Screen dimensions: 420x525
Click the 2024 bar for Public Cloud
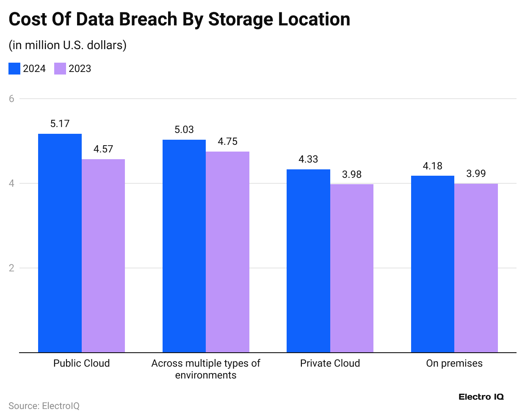click(60, 243)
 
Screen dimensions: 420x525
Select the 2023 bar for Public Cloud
click(103, 256)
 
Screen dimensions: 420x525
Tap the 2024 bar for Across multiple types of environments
click(184, 246)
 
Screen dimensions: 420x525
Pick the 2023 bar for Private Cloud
click(352, 268)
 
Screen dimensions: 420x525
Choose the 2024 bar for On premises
click(433, 264)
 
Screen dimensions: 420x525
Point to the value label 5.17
click(60, 124)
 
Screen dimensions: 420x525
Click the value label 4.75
click(228, 141)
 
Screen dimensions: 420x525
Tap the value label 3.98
click(352, 174)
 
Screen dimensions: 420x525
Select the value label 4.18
click(433, 166)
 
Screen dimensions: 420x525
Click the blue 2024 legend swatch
click(14, 69)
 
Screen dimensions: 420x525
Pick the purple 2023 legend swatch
click(60, 69)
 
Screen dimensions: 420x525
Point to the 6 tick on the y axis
click(11, 99)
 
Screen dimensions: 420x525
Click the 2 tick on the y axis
click(11, 268)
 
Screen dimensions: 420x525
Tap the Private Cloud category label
click(330, 363)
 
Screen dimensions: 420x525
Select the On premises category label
click(454, 363)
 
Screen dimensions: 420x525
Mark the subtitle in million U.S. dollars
click(68, 45)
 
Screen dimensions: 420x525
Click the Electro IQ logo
click(481, 397)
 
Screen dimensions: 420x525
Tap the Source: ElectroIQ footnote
click(44, 406)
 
